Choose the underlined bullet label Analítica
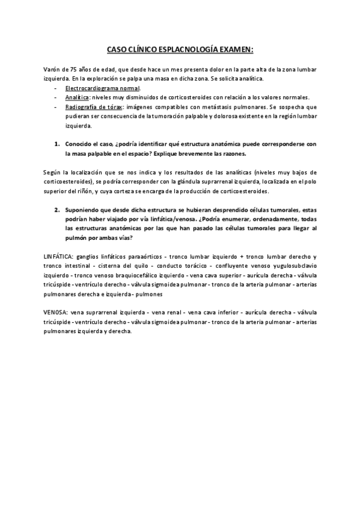point(78,97)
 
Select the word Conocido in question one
point(79,144)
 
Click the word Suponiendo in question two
point(83,210)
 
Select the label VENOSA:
point(55,313)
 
